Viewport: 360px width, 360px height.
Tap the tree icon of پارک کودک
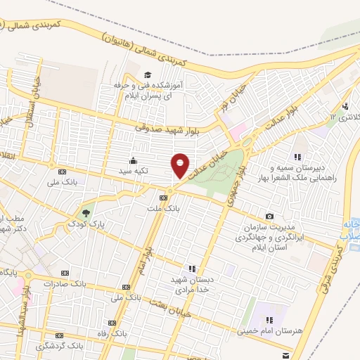(x=86, y=212)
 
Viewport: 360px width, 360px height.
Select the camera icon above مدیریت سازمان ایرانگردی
(x=270, y=216)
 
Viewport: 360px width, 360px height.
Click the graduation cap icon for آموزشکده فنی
(x=148, y=75)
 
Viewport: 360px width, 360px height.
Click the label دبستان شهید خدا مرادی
(x=192, y=283)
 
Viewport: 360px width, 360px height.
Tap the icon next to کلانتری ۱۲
(x=344, y=106)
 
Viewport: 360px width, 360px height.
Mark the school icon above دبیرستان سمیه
(x=298, y=157)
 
